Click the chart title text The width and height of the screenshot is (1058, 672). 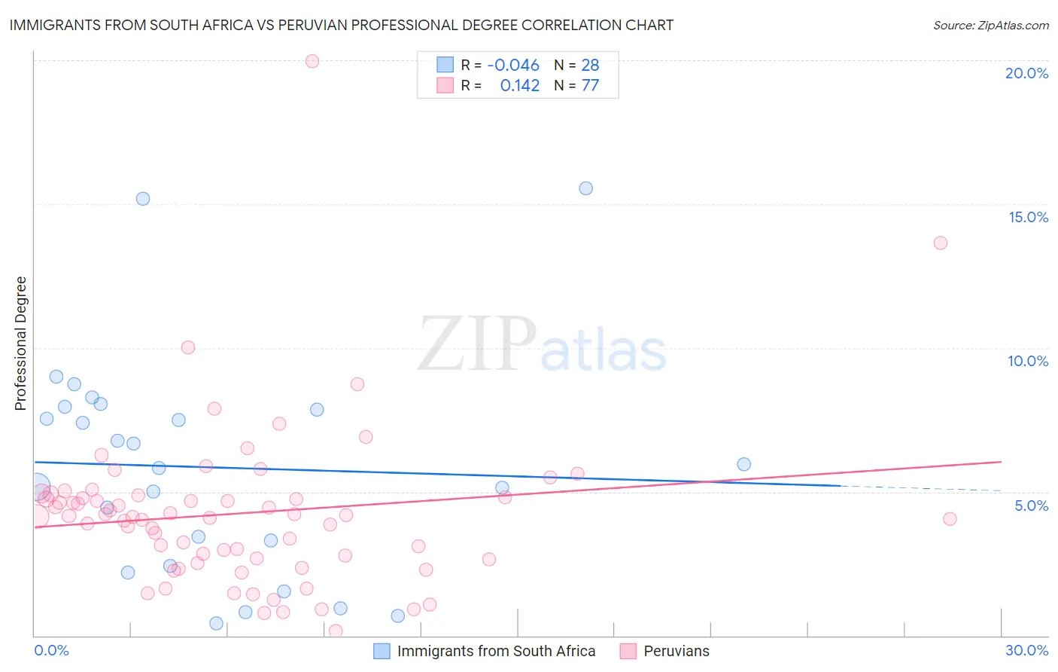(x=341, y=25)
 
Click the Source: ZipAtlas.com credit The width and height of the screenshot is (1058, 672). (x=990, y=26)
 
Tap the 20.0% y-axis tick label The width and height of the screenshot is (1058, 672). (x=1026, y=73)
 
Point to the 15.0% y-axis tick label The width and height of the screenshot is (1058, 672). (x=1028, y=217)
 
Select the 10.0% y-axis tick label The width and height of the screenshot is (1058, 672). (x=1028, y=361)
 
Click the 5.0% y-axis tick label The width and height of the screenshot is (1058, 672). (x=1031, y=506)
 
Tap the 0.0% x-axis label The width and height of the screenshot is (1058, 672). (x=51, y=650)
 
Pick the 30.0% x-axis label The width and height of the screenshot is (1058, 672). (x=1026, y=650)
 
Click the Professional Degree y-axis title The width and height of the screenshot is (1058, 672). (x=20, y=344)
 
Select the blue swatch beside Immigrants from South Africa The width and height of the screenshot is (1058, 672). (x=382, y=651)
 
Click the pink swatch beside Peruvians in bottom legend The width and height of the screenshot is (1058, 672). (x=628, y=651)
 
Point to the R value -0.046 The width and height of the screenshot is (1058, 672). (x=513, y=66)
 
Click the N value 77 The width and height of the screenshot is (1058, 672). (x=590, y=86)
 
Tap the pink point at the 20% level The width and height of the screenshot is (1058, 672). (x=312, y=61)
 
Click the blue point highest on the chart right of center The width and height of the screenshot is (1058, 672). (x=586, y=188)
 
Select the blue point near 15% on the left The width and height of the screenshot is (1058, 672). (x=143, y=199)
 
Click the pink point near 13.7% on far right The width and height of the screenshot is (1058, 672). (x=941, y=243)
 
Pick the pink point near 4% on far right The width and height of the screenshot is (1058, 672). (x=950, y=518)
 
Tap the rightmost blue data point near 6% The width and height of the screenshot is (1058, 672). (x=744, y=464)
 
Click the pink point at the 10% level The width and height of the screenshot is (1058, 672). (x=188, y=347)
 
